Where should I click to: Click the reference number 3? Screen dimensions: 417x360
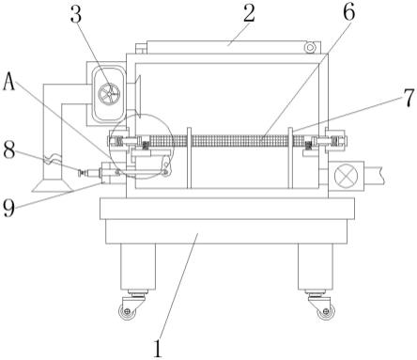click(76, 14)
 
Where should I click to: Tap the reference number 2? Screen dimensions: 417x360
click(249, 13)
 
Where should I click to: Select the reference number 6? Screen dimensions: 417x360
click(349, 12)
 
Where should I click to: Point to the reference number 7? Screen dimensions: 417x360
click(409, 98)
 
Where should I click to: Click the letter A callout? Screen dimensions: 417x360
click(9, 81)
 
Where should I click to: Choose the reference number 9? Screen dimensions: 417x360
click(8, 208)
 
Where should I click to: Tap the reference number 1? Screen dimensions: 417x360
click(158, 348)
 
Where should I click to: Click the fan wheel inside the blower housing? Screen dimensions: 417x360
click(109, 94)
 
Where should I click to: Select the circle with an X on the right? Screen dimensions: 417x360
click(346, 176)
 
